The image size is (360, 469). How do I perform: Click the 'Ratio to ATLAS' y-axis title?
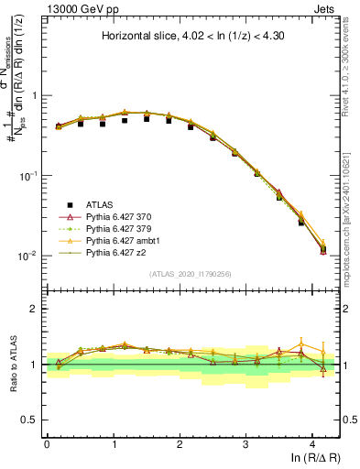12,365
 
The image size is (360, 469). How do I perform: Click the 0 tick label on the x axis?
47,443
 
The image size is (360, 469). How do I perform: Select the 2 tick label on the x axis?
180,443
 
